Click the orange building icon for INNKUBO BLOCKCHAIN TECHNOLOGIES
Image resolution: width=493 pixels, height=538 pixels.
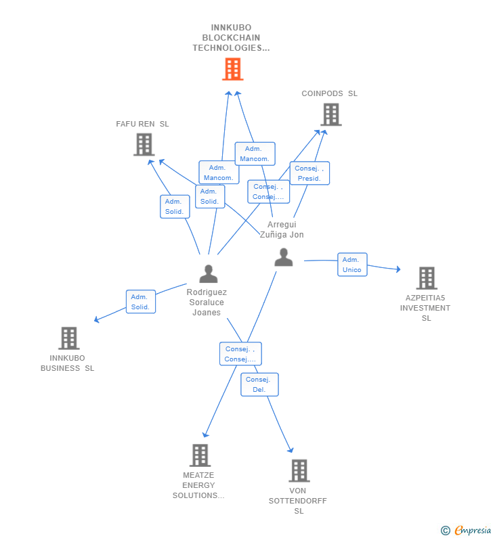point(232,69)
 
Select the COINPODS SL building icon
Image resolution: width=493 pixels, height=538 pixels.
point(330,114)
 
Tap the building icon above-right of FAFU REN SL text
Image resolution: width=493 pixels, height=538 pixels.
point(144,144)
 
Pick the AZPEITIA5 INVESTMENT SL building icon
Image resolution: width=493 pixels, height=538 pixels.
point(426,278)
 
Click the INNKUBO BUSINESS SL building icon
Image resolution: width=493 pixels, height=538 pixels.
point(68,338)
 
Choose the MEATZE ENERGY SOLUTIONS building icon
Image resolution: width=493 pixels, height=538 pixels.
point(199,455)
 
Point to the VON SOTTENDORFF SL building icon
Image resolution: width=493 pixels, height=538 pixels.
point(299,470)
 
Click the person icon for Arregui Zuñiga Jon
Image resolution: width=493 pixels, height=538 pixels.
point(284,257)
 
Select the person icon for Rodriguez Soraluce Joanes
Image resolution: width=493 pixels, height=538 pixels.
point(209,273)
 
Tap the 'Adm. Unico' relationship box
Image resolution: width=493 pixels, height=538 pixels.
point(352,265)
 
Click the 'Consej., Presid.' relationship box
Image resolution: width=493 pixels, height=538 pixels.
point(309,173)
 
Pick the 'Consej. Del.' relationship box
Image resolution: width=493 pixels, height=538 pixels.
point(259,384)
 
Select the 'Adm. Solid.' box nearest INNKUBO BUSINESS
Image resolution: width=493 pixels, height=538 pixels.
point(141,302)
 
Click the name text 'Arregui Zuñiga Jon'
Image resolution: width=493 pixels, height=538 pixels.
point(282,229)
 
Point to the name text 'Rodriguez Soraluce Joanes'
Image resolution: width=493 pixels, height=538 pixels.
point(207,302)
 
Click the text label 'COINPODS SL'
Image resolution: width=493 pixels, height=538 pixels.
point(329,93)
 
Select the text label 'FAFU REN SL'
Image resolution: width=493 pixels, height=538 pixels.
point(142,124)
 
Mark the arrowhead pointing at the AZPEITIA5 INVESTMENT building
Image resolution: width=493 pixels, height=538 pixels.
point(398,270)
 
